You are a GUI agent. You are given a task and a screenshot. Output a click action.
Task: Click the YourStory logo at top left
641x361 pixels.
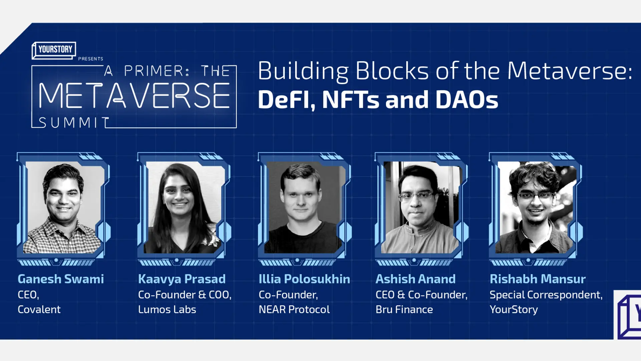pyautogui.click(x=54, y=50)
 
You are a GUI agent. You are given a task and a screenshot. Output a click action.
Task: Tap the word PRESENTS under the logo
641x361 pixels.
pyautogui.click(x=90, y=59)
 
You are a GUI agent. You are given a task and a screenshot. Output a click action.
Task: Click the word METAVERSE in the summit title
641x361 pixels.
pyautogui.click(x=134, y=96)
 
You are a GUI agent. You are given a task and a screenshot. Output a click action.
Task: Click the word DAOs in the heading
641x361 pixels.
pyautogui.click(x=466, y=100)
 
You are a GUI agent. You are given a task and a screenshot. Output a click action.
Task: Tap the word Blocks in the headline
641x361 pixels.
pyautogui.click(x=392, y=71)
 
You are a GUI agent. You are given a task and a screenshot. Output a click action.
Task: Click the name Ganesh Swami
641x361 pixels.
pyautogui.click(x=61, y=279)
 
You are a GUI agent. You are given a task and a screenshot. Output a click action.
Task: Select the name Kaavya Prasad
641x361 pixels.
pyautogui.click(x=182, y=279)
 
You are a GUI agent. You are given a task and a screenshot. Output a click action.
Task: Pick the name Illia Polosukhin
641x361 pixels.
pyautogui.click(x=304, y=279)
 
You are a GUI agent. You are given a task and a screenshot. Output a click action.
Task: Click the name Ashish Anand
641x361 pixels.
pyautogui.click(x=415, y=279)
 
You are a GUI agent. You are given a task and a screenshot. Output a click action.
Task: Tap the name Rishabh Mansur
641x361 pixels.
pyautogui.click(x=538, y=279)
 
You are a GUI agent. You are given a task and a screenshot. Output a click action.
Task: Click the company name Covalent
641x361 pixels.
pyautogui.click(x=39, y=310)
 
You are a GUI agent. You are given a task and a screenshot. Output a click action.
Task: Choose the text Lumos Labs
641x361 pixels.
pyautogui.click(x=167, y=310)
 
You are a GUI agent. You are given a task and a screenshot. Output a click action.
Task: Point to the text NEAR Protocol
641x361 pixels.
pyautogui.click(x=294, y=310)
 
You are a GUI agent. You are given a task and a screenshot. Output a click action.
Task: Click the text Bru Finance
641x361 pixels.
pyautogui.click(x=404, y=310)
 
